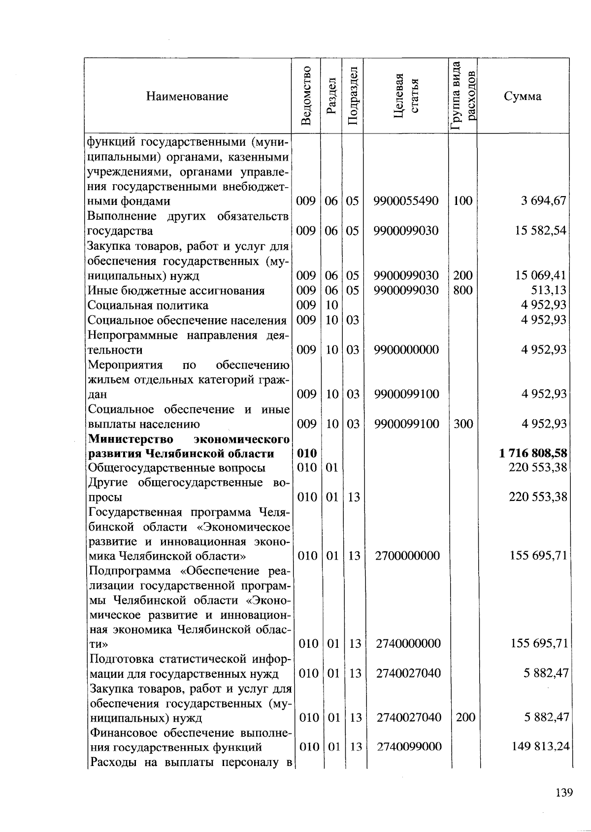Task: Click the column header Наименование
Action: coord(187,96)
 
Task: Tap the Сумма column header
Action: coord(523,96)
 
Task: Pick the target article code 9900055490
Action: coord(406,201)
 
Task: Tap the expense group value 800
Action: coord(462,290)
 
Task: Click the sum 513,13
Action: coord(552,290)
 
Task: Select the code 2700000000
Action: coord(407,556)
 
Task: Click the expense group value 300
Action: coord(463,424)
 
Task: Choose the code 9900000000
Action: coord(406,350)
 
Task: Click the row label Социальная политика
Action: coord(148,305)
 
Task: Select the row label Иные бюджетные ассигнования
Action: coord(176,291)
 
